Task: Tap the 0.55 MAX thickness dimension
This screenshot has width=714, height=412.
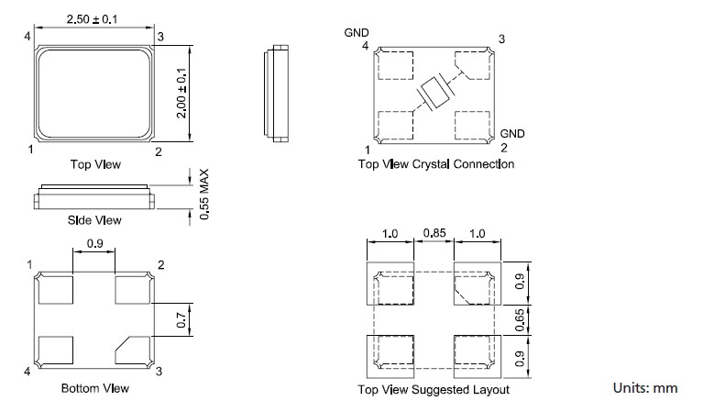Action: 204,194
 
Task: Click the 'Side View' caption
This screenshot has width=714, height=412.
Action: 94,220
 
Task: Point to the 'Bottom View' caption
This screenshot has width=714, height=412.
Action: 95,388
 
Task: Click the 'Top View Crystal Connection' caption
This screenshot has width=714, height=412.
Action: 435,164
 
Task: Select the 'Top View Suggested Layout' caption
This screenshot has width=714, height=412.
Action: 434,389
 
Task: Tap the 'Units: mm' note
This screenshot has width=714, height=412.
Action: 645,388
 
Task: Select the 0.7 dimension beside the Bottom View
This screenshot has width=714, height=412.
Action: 181,319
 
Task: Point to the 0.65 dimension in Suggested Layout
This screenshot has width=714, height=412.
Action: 519,319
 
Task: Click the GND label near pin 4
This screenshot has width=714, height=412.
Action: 357,33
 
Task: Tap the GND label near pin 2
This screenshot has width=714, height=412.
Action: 513,133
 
